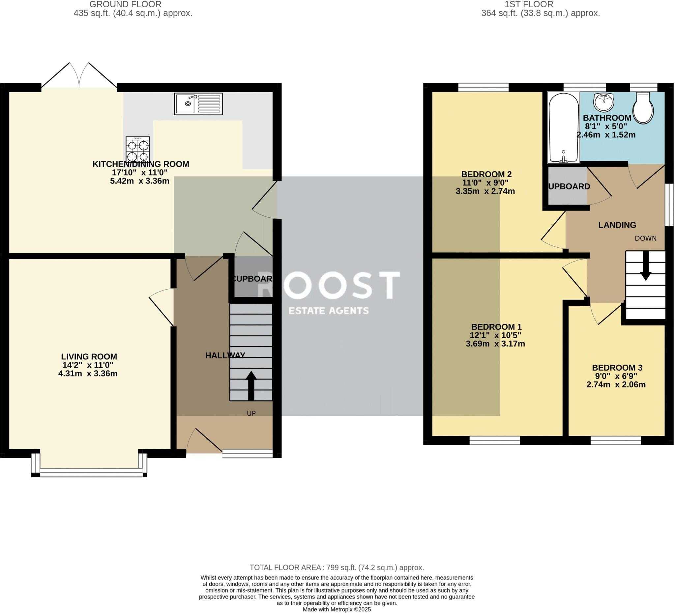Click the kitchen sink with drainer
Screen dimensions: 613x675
pyautogui.click(x=198, y=104)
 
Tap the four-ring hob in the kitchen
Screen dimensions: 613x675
pyautogui.click(x=138, y=149)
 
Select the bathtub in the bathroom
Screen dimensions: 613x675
pyautogui.click(x=564, y=128)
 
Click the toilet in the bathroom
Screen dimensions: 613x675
pyautogui.click(x=643, y=108)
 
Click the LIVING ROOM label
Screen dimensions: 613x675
pyautogui.click(x=89, y=357)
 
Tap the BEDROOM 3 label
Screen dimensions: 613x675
pyautogui.click(x=617, y=368)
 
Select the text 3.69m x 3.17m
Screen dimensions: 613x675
pyautogui.click(x=495, y=344)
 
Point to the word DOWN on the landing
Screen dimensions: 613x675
pyautogui.click(x=646, y=238)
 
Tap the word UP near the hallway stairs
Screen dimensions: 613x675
pyautogui.click(x=251, y=413)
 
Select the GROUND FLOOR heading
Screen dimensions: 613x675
pyautogui.click(x=125, y=4)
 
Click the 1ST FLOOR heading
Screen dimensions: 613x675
pyautogui.click(x=529, y=4)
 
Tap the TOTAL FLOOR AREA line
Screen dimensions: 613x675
pyautogui.click(x=337, y=568)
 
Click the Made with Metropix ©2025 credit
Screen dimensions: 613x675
pyautogui.click(x=337, y=609)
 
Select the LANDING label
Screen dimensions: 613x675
pyautogui.click(x=617, y=225)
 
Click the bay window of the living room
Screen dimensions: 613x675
pyautogui.click(x=89, y=472)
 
